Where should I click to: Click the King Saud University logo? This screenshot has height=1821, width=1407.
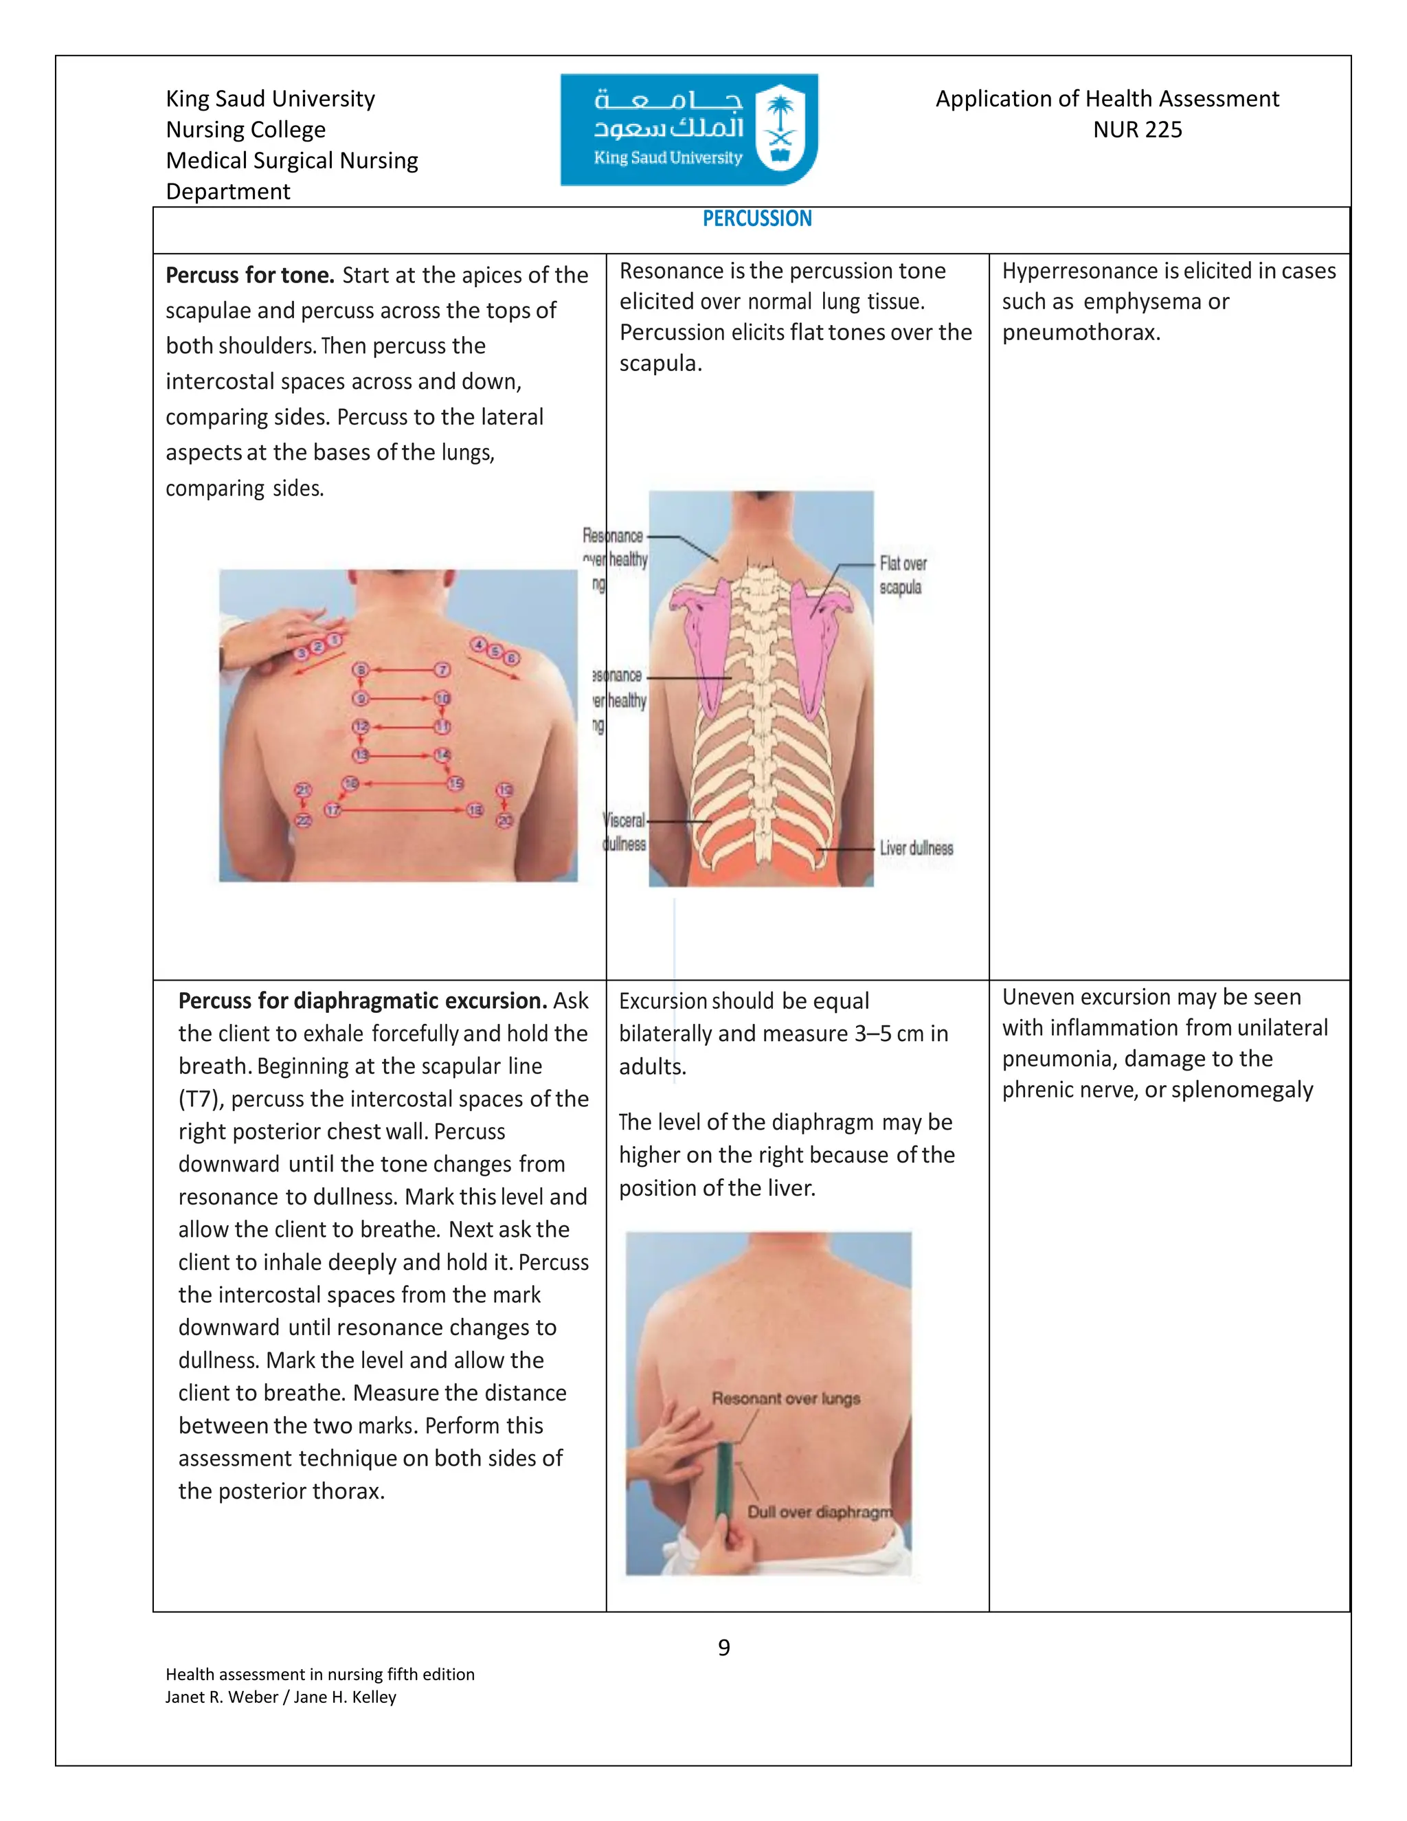pyautogui.click(x=688, y=129)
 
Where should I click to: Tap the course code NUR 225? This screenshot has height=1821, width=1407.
pyautogui.click(x=1137, y=130)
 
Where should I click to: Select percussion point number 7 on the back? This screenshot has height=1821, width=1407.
pyautogui.click(x=442, y=669)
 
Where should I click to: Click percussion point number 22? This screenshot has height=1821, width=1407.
pyautogui.click(x=304, y=820)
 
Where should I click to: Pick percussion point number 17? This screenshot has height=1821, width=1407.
pyautogui.click(x=333, y=809)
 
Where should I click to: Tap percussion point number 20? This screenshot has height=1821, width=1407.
pyautogui.click(x=505, y=820)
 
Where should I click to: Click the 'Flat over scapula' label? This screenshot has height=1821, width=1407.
pyautogui.click(x=902, y=575)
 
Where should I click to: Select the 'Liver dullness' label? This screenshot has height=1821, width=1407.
pyautogui.click(x=916, y=848)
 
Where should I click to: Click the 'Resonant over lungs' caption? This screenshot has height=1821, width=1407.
pyautogui.click(x=785, y=1398)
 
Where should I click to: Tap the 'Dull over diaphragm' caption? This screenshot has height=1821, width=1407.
pyautogui.click(x=818, y=1512)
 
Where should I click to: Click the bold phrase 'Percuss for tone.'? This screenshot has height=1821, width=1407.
pyautogui.click(x=249, y=275)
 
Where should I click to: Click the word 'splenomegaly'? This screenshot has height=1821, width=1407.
pyautogui.click(x=1241, y=1090)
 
